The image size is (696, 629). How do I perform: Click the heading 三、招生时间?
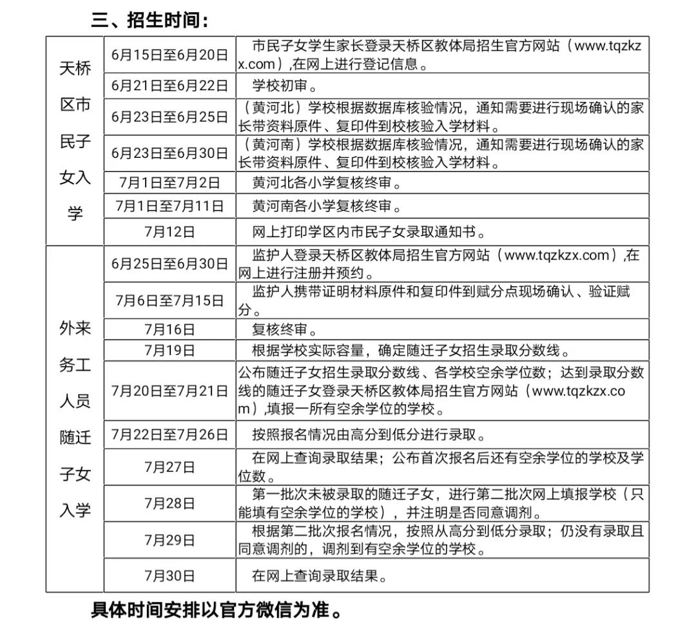[150, 20]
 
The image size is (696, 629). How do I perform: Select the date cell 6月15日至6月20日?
[169, 55]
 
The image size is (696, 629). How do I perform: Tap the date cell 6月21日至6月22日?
[169, 86]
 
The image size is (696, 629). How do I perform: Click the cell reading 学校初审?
[284, 86]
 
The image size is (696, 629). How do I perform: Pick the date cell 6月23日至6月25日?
[169, 117]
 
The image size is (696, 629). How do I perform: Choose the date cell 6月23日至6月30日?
[169, 153]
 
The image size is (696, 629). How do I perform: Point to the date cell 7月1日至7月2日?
[169, 183]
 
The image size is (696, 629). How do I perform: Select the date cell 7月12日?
[169, 231]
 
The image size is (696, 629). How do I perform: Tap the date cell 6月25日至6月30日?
[169, 264]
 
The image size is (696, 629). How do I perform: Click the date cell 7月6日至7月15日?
[169, 300]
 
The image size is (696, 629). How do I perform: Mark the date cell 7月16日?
[169, 330]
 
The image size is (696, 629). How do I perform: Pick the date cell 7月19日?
[169, 351]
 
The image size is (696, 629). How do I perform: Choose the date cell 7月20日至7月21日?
[169, 391]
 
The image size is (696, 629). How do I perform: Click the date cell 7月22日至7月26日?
[169, 434]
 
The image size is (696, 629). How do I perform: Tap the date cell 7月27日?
[169, 467]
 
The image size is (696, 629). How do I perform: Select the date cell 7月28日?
[169, 504]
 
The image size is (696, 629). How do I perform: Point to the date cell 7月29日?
[169, 540]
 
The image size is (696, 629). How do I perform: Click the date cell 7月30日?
[169, 576]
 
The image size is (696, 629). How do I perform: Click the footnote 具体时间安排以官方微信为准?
[216, 610]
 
